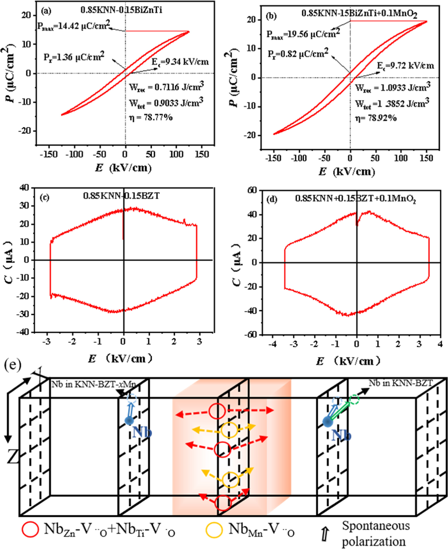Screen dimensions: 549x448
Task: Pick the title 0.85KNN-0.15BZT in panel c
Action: [121, 196]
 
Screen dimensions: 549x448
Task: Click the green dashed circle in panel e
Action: [354, 399]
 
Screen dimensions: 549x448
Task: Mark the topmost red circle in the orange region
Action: [217, 411]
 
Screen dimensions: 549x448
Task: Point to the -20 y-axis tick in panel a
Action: [26, 131]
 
